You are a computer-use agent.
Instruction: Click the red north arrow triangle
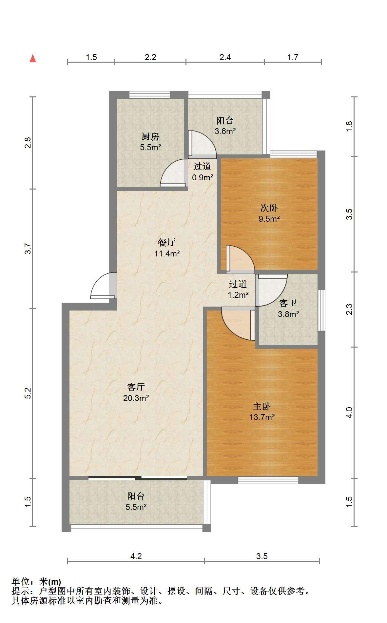click(x=33, y=58)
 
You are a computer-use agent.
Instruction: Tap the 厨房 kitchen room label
click(x=150, y=136)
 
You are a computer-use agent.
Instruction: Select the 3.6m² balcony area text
click(x=225, y=131)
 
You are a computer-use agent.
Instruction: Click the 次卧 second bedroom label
click(x=269, y=208)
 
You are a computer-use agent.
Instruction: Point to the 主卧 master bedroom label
click(x=261, y=407)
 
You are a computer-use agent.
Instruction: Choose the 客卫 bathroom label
click(x=288, y=303)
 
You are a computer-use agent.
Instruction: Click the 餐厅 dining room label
click(x=167, y=243)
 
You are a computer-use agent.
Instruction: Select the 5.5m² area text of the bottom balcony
click(x=136, y=507)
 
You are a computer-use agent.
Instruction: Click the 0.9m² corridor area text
click(x=203, y=178)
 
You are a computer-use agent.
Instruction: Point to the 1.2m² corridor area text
click(x=238, y=295)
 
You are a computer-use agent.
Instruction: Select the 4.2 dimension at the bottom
click(x=136, y=556)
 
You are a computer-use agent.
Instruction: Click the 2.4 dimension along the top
click(x=225, y=57)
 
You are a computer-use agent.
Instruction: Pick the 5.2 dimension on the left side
click(x=28, y=393)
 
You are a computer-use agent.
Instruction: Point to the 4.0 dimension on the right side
click(x=349, y=412)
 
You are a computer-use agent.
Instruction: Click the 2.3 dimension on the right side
click(x=349, y=309)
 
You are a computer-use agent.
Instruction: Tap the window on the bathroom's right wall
click(x=321, y=310)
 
